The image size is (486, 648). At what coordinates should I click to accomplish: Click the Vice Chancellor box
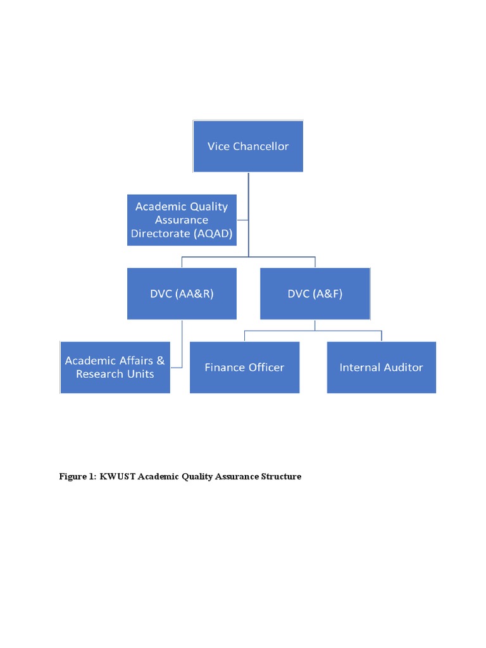[248, 146]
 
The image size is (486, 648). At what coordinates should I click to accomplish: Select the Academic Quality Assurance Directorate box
[182, 220]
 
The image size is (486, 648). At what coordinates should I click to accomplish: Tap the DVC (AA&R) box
[182, 294]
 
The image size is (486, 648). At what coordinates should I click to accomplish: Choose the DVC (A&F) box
[315, 294]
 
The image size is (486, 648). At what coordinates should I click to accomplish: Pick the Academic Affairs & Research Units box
[115, 367]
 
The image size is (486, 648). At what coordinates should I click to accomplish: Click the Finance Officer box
[244, 367]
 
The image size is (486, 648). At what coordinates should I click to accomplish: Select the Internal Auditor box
[381, 367]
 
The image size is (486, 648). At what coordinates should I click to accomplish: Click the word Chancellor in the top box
[261, 146]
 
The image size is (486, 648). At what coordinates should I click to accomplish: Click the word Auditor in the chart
[402, 367]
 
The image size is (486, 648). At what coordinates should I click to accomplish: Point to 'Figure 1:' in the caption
[77, 477]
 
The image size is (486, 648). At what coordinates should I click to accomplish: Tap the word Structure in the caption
[281, 477]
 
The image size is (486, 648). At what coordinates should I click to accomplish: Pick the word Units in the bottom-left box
[139, 373]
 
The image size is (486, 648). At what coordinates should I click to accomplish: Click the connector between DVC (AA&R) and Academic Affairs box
[182, 345]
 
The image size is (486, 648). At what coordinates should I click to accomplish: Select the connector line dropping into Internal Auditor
[382, 335]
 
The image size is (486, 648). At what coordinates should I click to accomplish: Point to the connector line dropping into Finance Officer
[244, 335]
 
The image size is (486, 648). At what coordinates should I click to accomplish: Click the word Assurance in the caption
[237, 477]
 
